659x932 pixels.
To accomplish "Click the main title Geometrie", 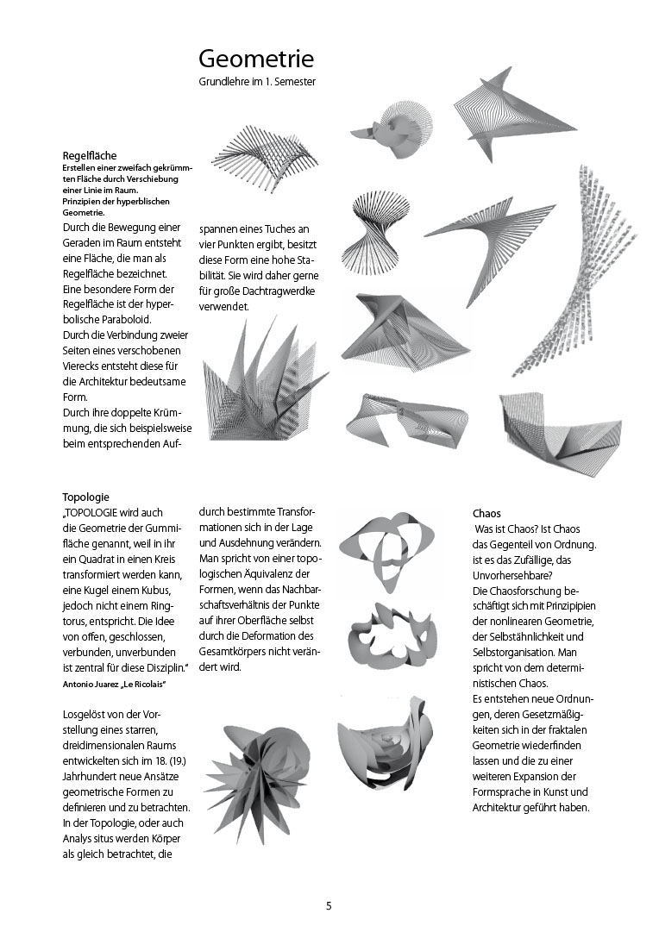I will (256, 59).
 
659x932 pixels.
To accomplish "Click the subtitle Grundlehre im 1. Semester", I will (257, 82).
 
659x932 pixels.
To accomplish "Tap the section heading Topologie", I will (85, 497).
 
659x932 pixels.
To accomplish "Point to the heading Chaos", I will (486, 514).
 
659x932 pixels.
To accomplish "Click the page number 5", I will (329, 905).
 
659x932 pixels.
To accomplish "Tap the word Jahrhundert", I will (94, 776).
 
